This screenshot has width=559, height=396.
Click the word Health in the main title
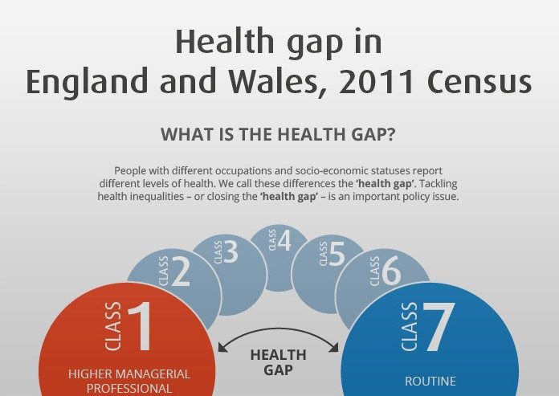pyautogui.click(x=225, y=41)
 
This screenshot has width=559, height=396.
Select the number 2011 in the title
pyautogui.click(x=376, y=81)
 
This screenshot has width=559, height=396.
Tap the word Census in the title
pyautogui.click(x=479, y=81)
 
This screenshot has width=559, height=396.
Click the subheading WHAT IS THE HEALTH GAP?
pyautogui.click(x=278, y=134)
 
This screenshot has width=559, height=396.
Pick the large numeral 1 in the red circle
pyautogui.click(x=141, y=326)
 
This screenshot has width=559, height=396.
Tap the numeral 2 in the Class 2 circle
pyautogui.click(x=181, y=272)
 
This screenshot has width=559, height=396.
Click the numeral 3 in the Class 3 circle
pyautogui.click(x=231, y=251)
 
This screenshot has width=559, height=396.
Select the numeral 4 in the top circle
pyautogui.click(x=284, y=240)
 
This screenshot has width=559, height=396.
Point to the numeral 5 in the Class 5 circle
pyautogui.click(x=337, y=254)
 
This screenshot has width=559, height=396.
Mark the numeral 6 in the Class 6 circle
pyautogui.click(x=391, y=271)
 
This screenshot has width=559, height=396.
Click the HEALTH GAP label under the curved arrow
pyautogui.click(x=279, y=362)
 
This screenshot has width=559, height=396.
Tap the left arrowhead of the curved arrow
pyautogui.click(x=222, y=347)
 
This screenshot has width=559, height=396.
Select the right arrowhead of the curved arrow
pyautogui.click(x=334, y=347)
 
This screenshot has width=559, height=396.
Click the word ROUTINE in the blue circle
pyautogui.click(x=430, y=382)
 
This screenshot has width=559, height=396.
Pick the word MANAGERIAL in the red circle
pyautogui.click(x=153, y=374)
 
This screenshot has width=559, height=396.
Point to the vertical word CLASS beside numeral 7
pyautogui.click(x=410, y=326)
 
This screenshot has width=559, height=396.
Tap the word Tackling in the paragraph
pyautogui.click(x=439, y=184)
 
